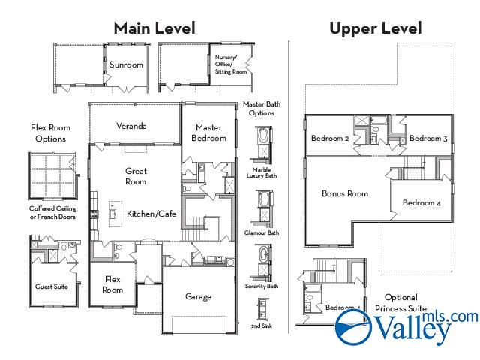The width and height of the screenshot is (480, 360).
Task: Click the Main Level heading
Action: (x=154, y=28)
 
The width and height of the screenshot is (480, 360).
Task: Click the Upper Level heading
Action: (x=375, y=28)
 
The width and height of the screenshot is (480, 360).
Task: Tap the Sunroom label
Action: (x=126, y=65)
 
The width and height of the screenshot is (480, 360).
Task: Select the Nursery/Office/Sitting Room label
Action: (x=230, y=64)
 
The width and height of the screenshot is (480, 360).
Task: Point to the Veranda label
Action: (x=131, y=126)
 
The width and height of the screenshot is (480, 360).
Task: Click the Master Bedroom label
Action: (x=208, y=133)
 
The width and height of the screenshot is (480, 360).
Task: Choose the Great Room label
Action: (x=136, y=176)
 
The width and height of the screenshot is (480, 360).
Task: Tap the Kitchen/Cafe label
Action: (x=151, y=214)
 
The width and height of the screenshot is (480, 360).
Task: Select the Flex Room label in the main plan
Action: (x=112, y=284)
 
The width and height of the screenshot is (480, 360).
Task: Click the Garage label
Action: (x=198, y=296)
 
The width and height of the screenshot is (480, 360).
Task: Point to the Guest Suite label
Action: (x=51, y=286)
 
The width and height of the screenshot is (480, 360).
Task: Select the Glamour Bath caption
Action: (x=262, y=232)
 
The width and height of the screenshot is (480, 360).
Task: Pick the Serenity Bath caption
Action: (x=262, y=286)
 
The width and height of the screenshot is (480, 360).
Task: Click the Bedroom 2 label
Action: (x=330, y=139)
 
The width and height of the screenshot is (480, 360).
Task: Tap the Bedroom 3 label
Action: (x=428, y=139)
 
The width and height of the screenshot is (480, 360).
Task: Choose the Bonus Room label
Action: (x=345, y=193)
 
